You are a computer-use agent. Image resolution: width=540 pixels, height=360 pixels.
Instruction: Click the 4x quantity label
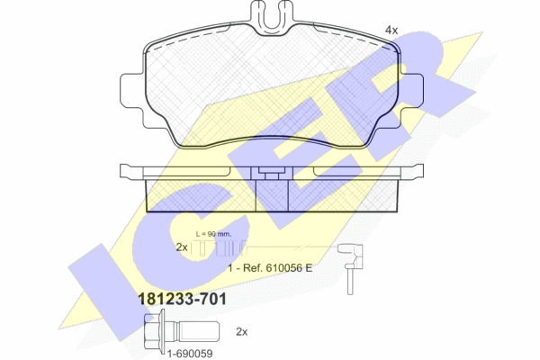point(391,31)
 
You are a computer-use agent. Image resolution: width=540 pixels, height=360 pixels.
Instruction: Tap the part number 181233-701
point(182,299)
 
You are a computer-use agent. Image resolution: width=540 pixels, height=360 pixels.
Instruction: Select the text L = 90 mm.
point(213,234)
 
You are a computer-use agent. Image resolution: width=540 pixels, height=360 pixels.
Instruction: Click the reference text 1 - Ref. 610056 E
point(270,267)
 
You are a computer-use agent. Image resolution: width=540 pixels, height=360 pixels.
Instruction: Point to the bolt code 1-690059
point(190,354)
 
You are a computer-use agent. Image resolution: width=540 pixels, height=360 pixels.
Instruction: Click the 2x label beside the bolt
point(242,332)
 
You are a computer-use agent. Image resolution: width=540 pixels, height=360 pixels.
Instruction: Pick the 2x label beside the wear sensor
point(182,247)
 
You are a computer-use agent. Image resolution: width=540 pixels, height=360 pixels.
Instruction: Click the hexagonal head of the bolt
point(153,331)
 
